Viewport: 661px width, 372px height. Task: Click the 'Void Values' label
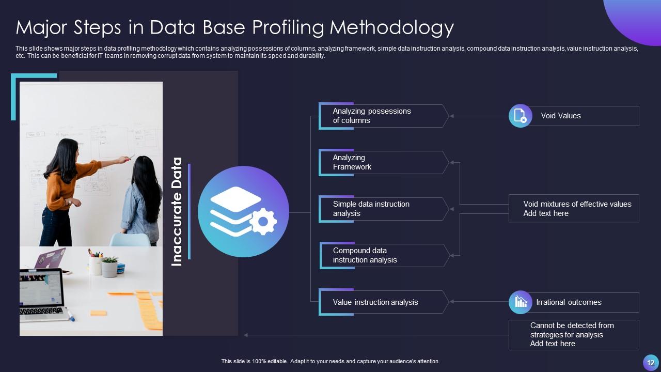(x=561, y=116)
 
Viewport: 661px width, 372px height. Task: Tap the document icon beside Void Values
(x=520, y=116)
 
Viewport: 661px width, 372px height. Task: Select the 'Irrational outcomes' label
(x=569, y=302)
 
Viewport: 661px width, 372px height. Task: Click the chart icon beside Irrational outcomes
(x=520, y=302)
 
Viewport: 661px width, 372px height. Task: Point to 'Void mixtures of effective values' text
(x=577, y=204)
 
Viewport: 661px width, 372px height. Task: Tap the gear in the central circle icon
(x=263, y=222)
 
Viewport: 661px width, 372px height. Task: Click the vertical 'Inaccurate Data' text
(x=177, y=212)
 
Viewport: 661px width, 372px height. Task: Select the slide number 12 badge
(x=650, y=362)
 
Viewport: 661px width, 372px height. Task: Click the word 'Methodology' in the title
(x=392, y=27)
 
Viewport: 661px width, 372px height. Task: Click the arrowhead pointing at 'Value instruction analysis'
(x=452, y=302)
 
